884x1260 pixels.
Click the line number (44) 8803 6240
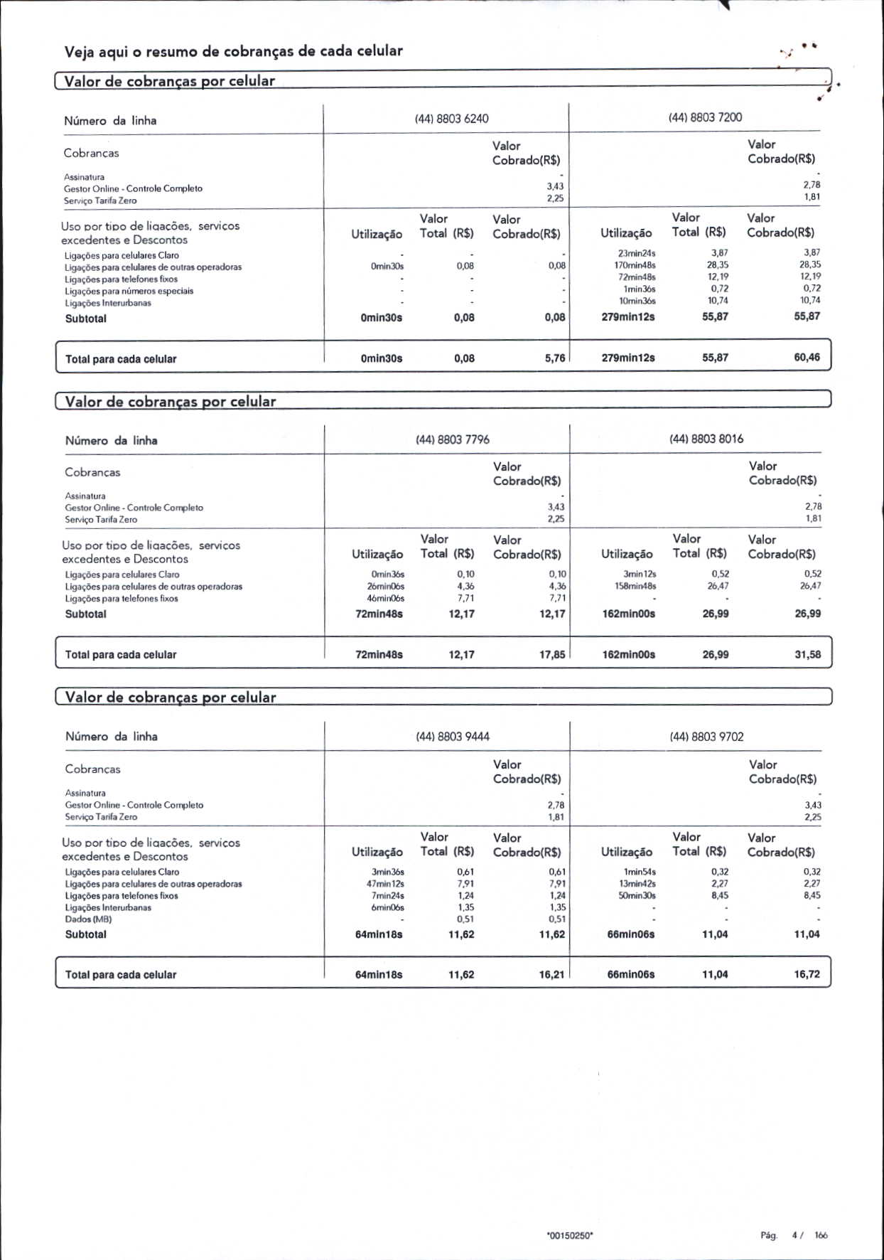(451, 119)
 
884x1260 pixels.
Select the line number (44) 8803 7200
(705, 117)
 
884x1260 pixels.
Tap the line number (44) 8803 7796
(452, 439)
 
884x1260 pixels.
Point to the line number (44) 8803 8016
(706, 439)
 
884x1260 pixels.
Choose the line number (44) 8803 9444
(452, 737)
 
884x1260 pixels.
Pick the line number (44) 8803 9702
(706, 737)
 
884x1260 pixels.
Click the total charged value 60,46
(807, 358)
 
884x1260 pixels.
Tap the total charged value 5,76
(555, 358)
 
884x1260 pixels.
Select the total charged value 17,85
(552, 654)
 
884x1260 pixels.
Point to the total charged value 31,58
(807, 654)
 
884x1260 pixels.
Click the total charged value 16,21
(551, 974)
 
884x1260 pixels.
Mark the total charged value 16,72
(807, 974)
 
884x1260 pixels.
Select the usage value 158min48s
(635, 586)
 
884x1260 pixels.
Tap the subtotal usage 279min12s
(627, 316)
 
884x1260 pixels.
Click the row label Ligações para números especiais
(129, 291)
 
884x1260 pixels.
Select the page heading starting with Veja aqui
(233, 51)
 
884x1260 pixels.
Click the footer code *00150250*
(570, 1236)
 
